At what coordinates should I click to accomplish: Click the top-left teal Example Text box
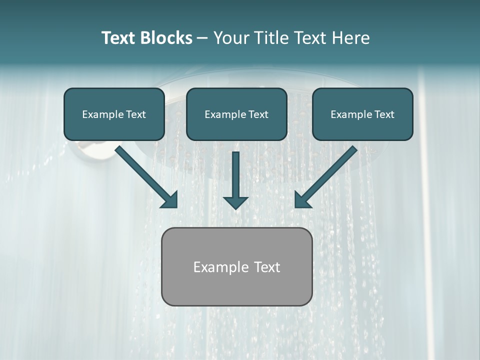point(114,114)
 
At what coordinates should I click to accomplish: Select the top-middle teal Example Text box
point(236,114)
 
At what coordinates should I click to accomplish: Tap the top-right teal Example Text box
point(362,114)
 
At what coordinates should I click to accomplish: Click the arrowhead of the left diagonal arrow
point(170,200)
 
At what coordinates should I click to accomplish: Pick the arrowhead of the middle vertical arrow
point(235,202)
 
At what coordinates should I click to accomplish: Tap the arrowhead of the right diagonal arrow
point(302,200)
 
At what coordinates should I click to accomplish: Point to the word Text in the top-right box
point(384,114)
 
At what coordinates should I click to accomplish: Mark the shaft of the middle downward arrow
point(235,172)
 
